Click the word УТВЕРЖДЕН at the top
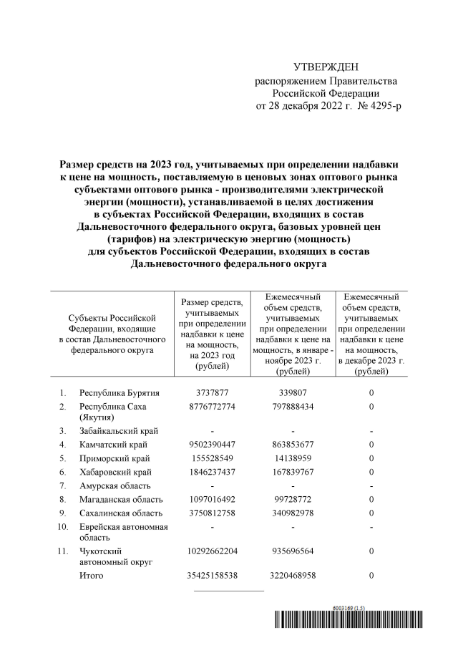(326, 67)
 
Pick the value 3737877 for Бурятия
(213, 393)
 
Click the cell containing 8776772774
(213, 407)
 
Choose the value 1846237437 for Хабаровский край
(213, 472)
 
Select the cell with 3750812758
(213, 513)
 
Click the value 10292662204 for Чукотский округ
(213, 551)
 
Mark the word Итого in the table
(91, 576)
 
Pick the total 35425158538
(213, 576)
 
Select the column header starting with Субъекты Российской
(111, 334)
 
